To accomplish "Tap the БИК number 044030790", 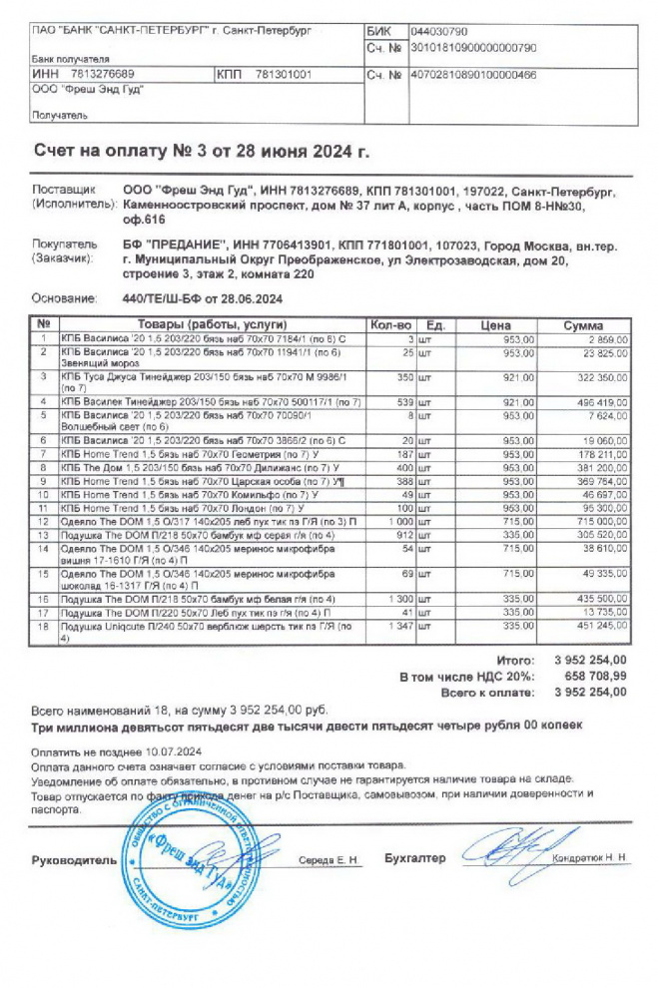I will click(x=439, y=32).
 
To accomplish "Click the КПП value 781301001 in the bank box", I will click(x=284, y=74).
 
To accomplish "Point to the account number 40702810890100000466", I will click(x=473, y=74).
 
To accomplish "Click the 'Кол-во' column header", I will click(x=390, y=325).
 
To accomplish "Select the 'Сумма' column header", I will click(x=582, y=325).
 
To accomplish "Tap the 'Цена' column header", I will click(x=495, y=325).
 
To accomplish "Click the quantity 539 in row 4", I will click(x=403, y=401).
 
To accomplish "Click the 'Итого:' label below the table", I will click(x=516, y=661).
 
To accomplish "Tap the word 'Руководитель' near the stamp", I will click(x=73, y=860).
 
